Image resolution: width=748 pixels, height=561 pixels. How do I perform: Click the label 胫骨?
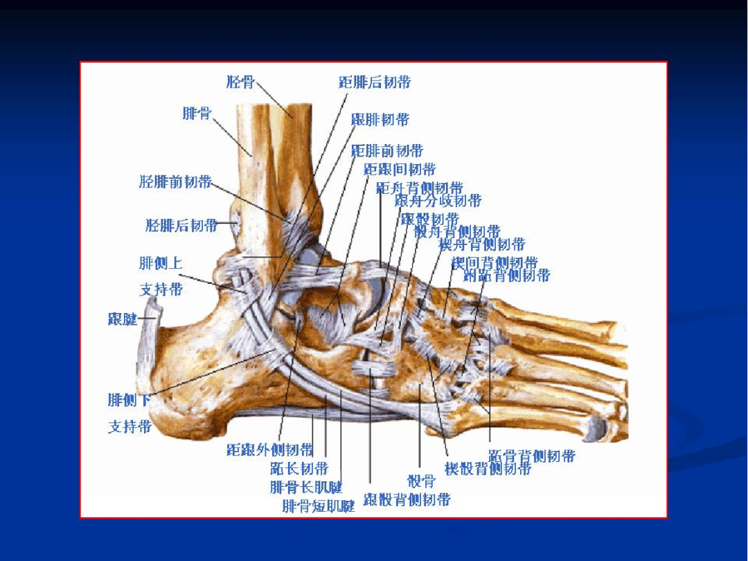[x=240, y=82]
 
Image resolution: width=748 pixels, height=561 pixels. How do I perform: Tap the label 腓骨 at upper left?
[x=197, y=114]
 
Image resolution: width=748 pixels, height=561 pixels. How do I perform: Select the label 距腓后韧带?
[x=375, y=82]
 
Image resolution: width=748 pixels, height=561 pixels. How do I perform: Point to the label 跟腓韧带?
[x=380, y=120]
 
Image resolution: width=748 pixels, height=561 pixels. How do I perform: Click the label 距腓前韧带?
[x=387, y=151]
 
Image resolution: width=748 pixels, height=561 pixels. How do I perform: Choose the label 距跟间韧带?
[x=400, y=170]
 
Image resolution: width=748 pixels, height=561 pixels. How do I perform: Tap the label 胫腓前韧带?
[x=175, y=182]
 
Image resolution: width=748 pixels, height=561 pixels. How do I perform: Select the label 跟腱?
[x=123, y=319]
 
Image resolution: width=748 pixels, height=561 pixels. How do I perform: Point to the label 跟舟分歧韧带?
[x=438, y=202]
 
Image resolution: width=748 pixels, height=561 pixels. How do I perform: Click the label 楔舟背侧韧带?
[x=482, y=244]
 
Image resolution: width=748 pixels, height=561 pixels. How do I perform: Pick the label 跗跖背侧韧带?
[x=506, y=276]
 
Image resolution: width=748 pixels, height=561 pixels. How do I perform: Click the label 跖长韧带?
[x=299, y=469]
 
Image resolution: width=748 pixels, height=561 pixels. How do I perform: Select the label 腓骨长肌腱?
[x=306, y=488]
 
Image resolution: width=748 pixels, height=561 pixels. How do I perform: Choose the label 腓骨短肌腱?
[x=319, y=506]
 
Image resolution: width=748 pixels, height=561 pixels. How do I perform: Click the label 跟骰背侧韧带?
[x=407, y=500]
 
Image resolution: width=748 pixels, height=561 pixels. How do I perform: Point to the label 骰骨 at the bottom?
[x=421, y=481]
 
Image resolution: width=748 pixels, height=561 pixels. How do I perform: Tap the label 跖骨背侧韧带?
[x=532, y=456]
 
